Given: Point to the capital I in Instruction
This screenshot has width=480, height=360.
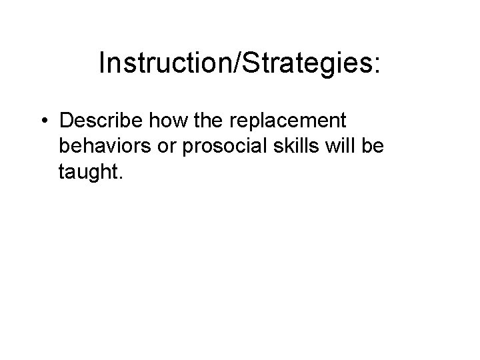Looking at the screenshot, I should pyautogui.click(x=102, y=63).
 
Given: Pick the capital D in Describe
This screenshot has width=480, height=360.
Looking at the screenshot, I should pyautogui.click(x=67, y=121).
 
